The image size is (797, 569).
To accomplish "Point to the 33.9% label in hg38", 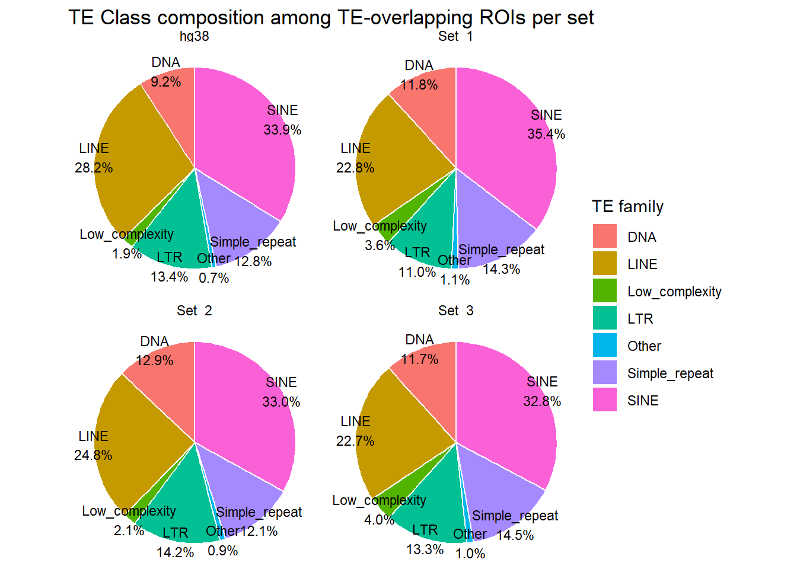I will pyautogui.click(x=282, y=130).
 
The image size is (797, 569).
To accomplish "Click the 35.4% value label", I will pyautogui.click(x=546, y=134).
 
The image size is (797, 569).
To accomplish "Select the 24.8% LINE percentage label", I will pyautogui.click(x=93, y=455).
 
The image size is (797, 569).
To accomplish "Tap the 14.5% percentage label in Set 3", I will pyautogui.click(x=515, y=535).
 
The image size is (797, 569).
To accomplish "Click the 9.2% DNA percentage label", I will pyautogui.click(x=165, y=82).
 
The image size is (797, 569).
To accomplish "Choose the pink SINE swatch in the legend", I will pyautogui.click(x=604, y=400).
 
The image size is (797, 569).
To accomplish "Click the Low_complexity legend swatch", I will pyautogui.click(x=604, y=291).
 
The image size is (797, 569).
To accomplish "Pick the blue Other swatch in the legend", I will pyautogui.click(x=604, y=346).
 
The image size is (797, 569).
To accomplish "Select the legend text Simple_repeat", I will pyautogui.click(x=670, y=373).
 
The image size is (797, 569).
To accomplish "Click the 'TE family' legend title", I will pyautogui.click(x=627, y=206).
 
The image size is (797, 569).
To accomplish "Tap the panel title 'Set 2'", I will pyautogui.click(x=195, y=311).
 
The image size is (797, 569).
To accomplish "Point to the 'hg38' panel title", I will pyautogui.click(x=195, y=36).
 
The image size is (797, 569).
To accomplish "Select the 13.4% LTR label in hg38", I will pyautogui.click(x=169, y=277).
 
